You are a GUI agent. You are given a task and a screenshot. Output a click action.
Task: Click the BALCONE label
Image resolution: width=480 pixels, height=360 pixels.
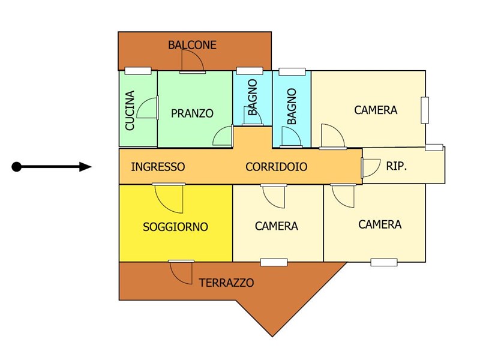click(x=192, y=45)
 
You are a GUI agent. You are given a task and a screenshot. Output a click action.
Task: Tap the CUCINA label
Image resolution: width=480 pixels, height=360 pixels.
click(x=130, y=110)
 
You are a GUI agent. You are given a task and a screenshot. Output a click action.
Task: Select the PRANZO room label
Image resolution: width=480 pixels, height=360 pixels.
click(x=192, y=113)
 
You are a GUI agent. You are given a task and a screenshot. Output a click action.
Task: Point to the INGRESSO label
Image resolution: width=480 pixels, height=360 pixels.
click(x=158, y=167)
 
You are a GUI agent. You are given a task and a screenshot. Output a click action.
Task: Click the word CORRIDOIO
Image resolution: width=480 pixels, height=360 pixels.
click(x=276, y=167)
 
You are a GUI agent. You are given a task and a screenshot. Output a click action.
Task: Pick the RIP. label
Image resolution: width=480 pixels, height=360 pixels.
click(x=397, y=166)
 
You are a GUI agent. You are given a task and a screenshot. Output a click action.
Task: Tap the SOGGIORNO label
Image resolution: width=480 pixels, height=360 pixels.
click(x=175, y=227)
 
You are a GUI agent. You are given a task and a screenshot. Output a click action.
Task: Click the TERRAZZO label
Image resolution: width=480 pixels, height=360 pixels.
click(x=226, y=283)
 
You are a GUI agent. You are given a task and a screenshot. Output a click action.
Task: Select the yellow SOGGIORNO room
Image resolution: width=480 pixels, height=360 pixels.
click(x=175, y=240)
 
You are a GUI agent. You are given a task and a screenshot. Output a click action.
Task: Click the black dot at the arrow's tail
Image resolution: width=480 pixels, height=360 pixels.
click(x=17, y=167)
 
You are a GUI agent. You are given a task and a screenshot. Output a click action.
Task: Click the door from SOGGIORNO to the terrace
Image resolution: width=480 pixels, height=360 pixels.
click(x=181, y=271)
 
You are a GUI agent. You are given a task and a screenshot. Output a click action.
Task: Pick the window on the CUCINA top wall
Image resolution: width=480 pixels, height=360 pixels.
click(x=137, y=71)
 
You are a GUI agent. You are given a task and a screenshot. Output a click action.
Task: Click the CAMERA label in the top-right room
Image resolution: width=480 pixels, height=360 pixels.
click(x=376, y=110)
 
